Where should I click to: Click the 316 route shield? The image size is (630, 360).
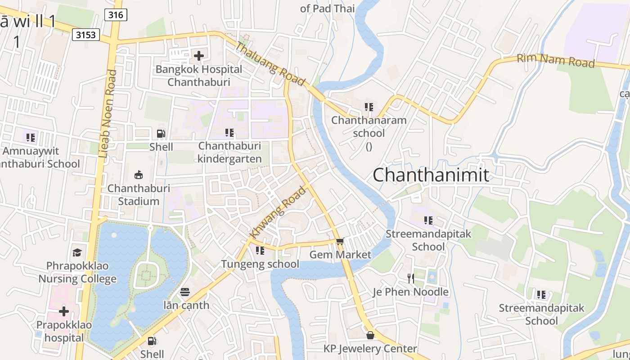pyautogui.click(x=116, y=15)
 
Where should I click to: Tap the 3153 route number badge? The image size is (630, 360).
pyautogui.click(x=85, y=35)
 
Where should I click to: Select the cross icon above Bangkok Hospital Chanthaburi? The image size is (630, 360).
pyautogui.click(x=198, y=56)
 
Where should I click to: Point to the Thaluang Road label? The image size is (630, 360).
pyautogui.click(x=270, y=64)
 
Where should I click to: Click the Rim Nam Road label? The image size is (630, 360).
pyautogui.click(x=555, y=60)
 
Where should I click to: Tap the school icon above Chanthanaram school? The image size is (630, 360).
pyautogui.click(x=369, y=107)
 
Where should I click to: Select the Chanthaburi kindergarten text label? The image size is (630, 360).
pyautogui.click(x=229, y=153)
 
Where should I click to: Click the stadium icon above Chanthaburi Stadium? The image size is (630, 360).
pyautogui.click(x=139, y=175)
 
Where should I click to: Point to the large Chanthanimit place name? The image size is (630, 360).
pyautogui.click(x=431, y=175)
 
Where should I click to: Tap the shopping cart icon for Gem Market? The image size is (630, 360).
pyautogui.click(x=340, y=242)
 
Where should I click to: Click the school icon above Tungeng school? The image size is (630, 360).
pyautogui.click(x=260, y=251)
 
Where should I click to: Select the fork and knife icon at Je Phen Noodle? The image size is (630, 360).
pyautogui.click(x=410, y=279)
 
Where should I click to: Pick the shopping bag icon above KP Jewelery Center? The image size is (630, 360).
pyautogui.click(x=370, y=335)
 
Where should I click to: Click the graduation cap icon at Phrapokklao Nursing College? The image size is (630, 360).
pyautogui.click(x=77, y=252)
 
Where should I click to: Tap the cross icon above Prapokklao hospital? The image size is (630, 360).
pyautogui.click(x=64, y=311)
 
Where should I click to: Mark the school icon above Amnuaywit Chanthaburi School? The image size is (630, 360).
pyautogui.click(x=31, y=137)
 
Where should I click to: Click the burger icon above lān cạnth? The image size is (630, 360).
pyautogui.click(x=185, y=292)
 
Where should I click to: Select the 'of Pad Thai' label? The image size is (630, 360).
pyautogui.click(x=327, y=8)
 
